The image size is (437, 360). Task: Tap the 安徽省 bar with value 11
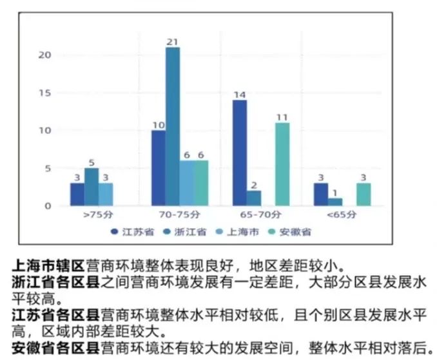(x=282, y=164)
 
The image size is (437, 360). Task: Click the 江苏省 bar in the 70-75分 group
(x=159, y=168)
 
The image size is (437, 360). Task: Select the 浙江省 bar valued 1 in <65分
(x=335, y=202)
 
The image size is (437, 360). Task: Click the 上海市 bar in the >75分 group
(x=106, y=194)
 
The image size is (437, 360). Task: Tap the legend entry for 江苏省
(x=132, y=232)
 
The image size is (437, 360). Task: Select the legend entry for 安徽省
(x=292, y=232)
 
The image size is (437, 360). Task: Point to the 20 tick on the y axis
(x=44, y=55)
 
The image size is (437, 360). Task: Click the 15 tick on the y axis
(x=44, y=93)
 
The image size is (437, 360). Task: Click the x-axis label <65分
(x=342, y=216)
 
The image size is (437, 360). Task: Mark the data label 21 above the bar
(x=173, y=42)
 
